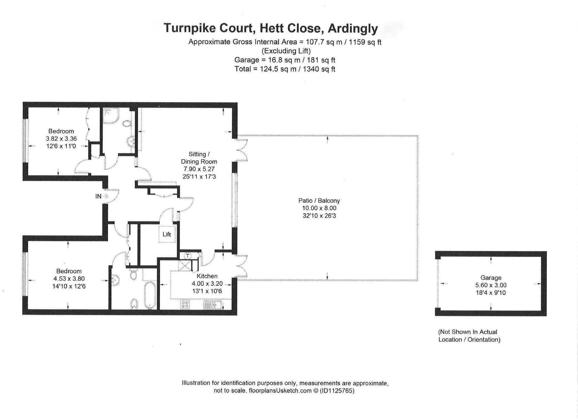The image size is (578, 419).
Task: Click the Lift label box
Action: tap(167, 234)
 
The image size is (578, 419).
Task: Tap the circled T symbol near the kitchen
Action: tap(188, 255)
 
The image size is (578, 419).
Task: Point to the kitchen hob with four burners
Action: tap(185, 305)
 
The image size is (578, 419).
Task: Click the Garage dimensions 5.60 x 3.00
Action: tap(491, 285)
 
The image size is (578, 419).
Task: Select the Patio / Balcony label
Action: tap(319, 200)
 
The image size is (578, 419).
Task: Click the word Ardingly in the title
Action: tap(353, 28)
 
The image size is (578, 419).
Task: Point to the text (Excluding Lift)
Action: tap(286, 51)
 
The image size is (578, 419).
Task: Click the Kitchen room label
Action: tap(207, 276)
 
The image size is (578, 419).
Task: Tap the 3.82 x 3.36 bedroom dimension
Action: tap(61, 138)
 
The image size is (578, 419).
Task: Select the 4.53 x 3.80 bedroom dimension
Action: tap(69, 278)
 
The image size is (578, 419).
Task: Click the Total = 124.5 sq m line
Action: tap(285, 69)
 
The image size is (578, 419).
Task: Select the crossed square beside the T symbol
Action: tap(185, 265)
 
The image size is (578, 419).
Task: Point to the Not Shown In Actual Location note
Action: tap(469, 336)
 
